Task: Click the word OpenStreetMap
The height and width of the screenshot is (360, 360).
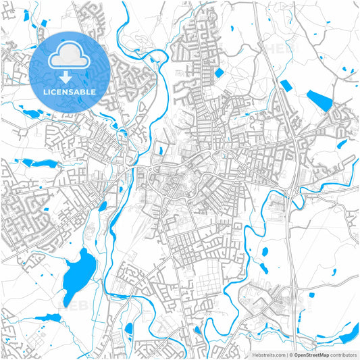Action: pos(311,354)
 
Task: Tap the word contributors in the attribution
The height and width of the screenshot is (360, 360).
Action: pos(343,354)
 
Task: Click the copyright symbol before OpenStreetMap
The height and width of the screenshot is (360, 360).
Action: pos(290,354)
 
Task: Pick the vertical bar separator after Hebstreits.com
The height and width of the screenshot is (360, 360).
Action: pos(286,354)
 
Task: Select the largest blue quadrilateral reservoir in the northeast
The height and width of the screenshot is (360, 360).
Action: pos(321,102)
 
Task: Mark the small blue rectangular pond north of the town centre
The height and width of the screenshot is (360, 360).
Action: pos(219,72)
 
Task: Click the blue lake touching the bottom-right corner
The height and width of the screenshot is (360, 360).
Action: pos(351,333)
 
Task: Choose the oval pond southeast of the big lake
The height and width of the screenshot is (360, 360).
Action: pos(128,330)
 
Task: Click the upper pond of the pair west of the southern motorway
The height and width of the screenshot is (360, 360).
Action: pos(265,252)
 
